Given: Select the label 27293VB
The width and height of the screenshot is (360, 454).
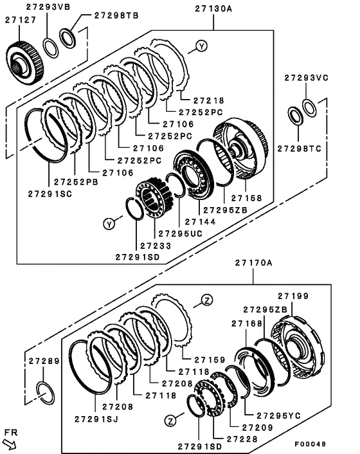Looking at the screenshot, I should (x=50, y=7).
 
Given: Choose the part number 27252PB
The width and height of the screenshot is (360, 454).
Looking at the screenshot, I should (x=74, y=182).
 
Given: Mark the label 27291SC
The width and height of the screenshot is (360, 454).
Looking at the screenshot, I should (x=50, y=192).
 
